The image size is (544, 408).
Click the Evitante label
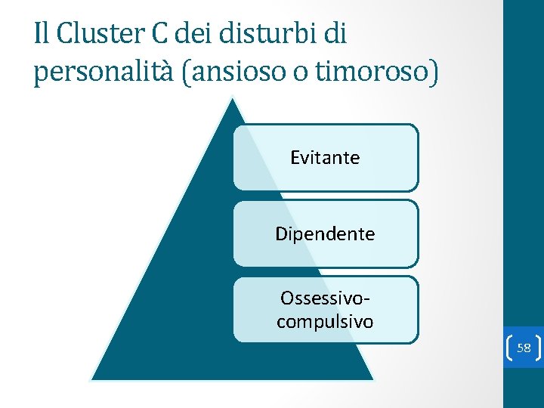coord(325,158)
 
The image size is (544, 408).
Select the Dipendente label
coord(325,234)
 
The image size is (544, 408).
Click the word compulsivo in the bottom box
coord(325,322)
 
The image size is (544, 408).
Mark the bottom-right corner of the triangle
coord(373,379)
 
